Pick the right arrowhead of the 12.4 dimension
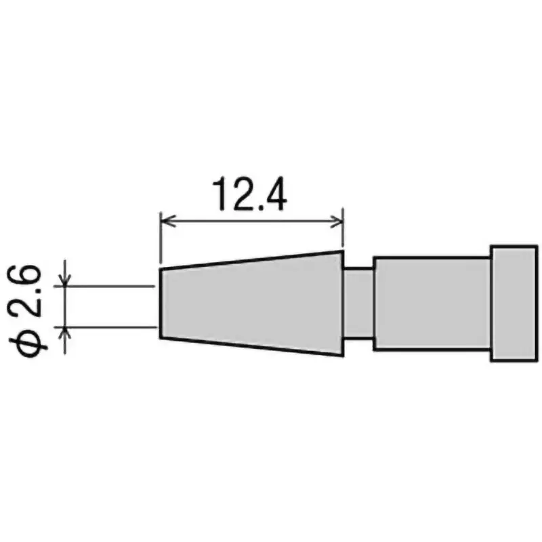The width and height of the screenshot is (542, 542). pyautogui.click(x=339, y=220)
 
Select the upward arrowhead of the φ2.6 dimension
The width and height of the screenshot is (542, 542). pyautogui.click(x=66, y=331)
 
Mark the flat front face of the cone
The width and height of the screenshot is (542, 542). pyautogui.click(x=160, y=303)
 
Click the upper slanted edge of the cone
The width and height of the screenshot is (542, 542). pyautogui.click(x=251, y=260)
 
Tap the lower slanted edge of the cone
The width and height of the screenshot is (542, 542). pyautogui.click(x=251, y=346)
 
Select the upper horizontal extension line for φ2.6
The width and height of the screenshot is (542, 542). pyautogui.click(x=112, y=286)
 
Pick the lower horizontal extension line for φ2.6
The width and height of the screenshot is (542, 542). pyautogui.click(x=112, y=327)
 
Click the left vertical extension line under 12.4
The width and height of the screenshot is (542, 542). pyautogui.click(x=159, y=241)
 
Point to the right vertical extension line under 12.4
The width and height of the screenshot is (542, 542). pyautogui.click(x=343, y=234)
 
